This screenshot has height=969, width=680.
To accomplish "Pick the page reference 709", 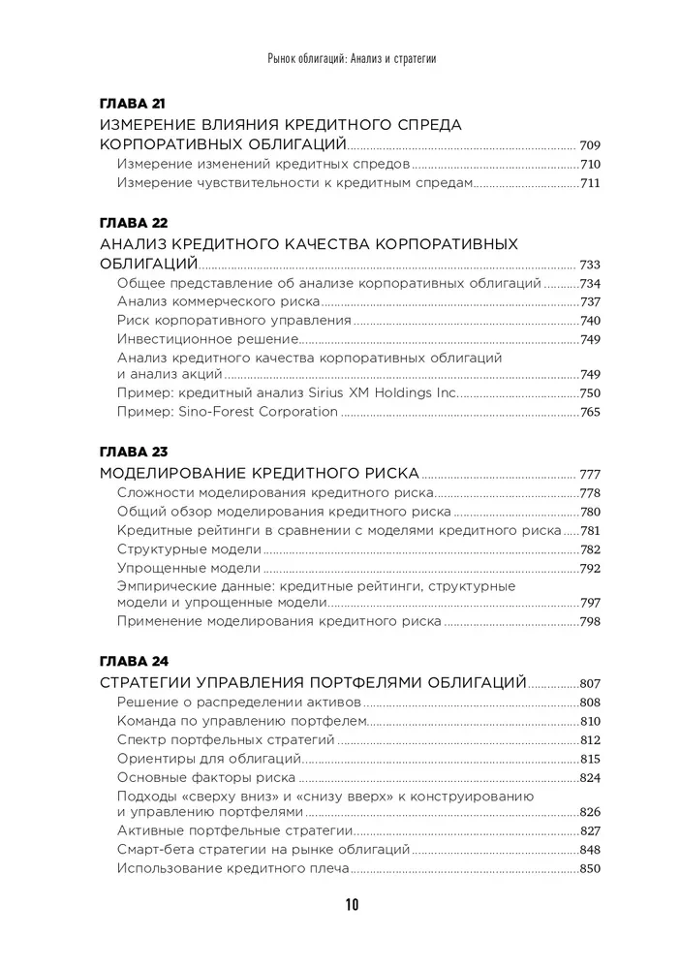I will point(590,143).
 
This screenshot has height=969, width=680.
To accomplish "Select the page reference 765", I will point(590,412).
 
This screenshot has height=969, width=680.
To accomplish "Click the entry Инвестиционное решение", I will point(206,339).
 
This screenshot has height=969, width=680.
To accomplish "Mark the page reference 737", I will point(590,302).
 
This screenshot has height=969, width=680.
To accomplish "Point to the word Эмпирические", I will point(165,586).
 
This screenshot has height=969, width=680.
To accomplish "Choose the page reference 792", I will point(590,568).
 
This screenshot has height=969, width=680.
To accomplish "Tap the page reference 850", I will point(590,868).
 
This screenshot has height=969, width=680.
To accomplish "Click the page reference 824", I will point(590,777).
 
